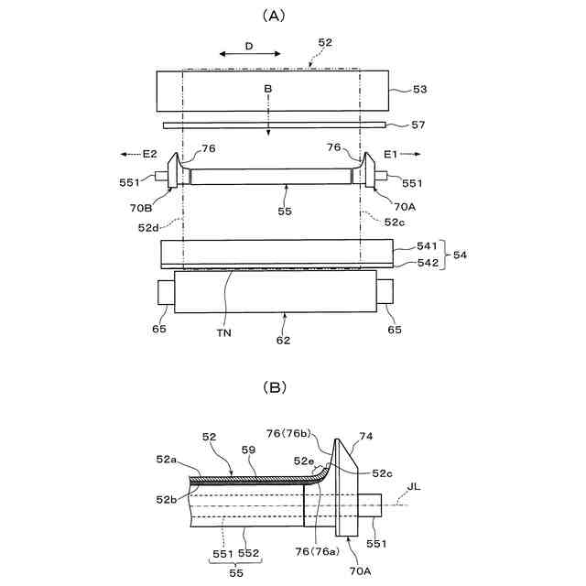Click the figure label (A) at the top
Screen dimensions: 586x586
click(275, 16)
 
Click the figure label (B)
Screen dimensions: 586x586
click(275, 387)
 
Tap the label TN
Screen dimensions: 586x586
click(223, 333)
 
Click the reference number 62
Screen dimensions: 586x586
click(284, 340)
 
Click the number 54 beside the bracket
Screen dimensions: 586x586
click(460, 255)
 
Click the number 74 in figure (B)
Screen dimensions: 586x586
click(366, 438)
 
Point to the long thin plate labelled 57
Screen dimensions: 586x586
click(275, 125)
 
